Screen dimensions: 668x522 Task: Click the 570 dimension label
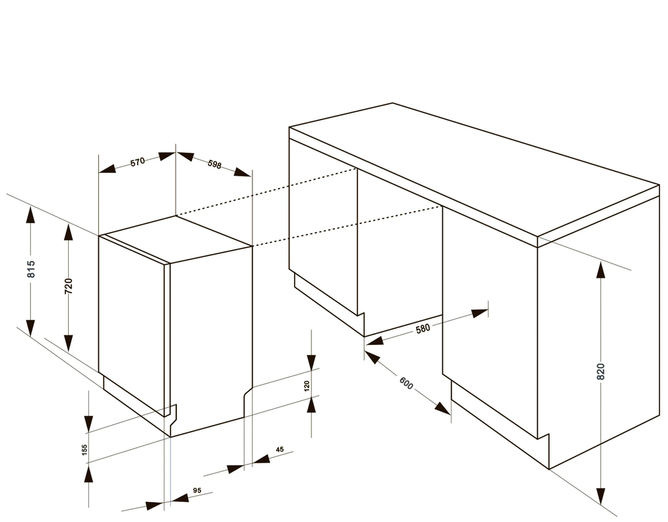point(138,162)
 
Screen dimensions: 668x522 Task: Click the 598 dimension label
point(214,164)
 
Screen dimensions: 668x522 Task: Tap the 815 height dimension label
point(31,269)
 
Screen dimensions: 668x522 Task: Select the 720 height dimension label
point(68,286)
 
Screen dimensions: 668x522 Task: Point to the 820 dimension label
point(601,372)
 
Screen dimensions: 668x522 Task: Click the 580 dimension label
point(423,328)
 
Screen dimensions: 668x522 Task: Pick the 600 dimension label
point(406,383)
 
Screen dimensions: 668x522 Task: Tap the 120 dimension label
point(307,386)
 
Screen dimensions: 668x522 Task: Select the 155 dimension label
point(84,450)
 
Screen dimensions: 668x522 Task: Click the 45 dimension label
point(279,450)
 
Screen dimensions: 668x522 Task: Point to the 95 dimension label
point(197,491)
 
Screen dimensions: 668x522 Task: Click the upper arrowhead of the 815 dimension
point(30,215)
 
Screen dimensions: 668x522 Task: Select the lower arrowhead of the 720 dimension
point(68,344)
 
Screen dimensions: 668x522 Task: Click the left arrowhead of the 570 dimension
point(108,168)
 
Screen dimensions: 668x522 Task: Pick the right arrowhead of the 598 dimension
point(243,172)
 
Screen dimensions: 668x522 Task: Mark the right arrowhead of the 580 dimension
point(480,313)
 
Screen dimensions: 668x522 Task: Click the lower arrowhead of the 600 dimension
point(443,408)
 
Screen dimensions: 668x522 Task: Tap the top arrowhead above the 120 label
point(311,362)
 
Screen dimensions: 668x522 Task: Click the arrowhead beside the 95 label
point(179,498)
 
